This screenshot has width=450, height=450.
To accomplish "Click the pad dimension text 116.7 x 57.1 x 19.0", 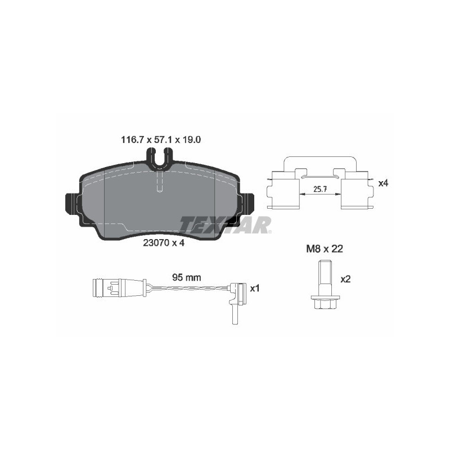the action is pos(161,139).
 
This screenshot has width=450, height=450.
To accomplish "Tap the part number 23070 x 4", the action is pos(164,243).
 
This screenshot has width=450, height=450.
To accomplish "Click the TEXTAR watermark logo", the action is pos(226,224).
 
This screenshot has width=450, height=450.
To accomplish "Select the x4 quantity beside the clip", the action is pos(383,183).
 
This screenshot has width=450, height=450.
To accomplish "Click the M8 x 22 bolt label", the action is pos(325,249).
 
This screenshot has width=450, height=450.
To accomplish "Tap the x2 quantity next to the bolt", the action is pos(345,279).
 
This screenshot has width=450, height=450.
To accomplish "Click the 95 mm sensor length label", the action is pos(187,277).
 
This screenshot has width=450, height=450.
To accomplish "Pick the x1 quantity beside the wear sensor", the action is pos(255,289).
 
